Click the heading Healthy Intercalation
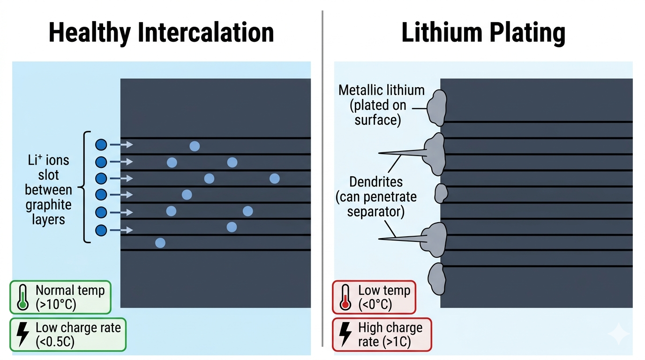coord(161,33)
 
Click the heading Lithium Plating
coord(483,33)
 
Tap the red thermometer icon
coord(346,297)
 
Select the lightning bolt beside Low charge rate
coord(22,334)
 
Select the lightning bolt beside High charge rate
coord(345,334)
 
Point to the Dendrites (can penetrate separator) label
coord(376,196)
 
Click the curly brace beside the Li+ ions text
coord(85,187)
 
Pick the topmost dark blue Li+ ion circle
coord(101,145)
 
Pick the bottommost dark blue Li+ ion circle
coord(101,230)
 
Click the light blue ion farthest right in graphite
coord(275,178)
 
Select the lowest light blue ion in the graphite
coord(160,243)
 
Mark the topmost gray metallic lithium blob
coord(437,108)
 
